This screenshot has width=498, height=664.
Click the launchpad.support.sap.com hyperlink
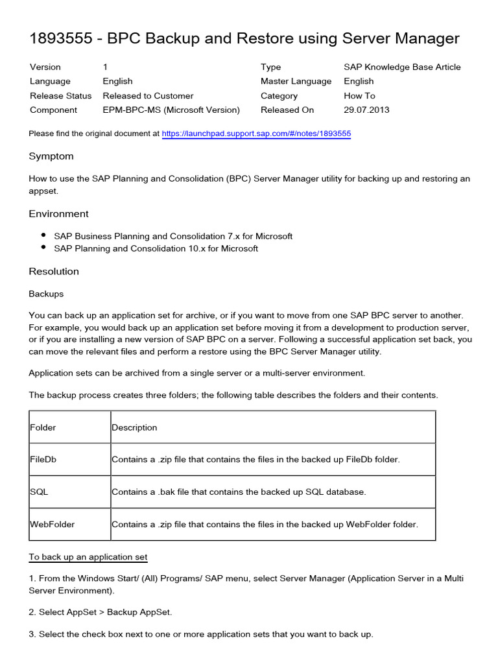click(256, 134)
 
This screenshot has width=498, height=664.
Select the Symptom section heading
click(51, 156)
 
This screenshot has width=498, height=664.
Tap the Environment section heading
click(58, 214)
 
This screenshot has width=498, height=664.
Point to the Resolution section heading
click(54, 271)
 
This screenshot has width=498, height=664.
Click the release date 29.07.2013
click(366, 110)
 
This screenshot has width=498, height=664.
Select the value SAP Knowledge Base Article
click(402, 67)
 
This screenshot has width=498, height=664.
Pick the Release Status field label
click(60, 95)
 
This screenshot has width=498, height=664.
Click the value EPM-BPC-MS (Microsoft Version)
click(171, 110)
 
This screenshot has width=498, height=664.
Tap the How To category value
click(359, 95)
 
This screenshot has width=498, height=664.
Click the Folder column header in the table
click(43, 427)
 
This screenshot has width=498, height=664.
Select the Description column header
click(134, 427)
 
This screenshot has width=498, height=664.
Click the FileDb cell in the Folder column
click(43, 459)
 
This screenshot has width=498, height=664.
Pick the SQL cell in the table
click(39, 492)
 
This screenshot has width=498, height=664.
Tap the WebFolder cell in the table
click(52, 524)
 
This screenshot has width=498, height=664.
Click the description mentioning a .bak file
click(239, 492)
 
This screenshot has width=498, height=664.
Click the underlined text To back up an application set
click(88, 557)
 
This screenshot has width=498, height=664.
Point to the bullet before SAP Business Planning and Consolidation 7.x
click(43, 236)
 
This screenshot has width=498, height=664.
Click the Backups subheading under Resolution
click(46, 294)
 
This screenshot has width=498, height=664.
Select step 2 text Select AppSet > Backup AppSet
click(101, 612)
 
